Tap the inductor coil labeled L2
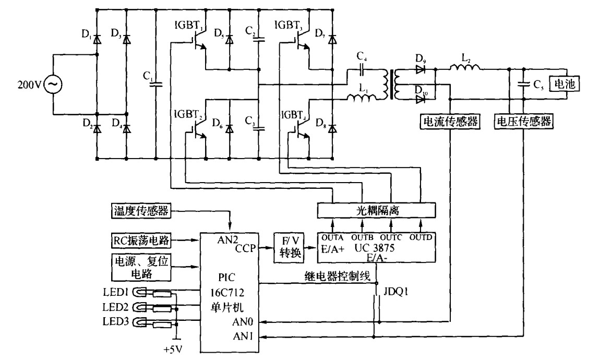point(465,66)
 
